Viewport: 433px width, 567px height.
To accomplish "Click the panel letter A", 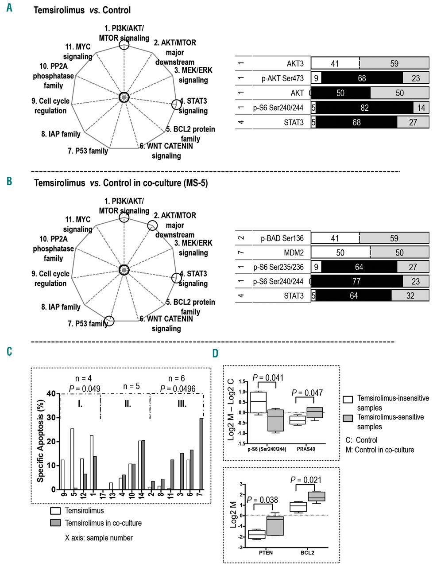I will [x=9, y=8].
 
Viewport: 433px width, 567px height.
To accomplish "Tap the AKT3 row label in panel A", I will [x=295, y=64].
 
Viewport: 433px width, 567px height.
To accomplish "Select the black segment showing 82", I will [x=364, y=108].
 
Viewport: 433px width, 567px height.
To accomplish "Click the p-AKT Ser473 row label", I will [x=282, y=78].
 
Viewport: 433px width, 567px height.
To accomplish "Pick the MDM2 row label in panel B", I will [x=294, y=253].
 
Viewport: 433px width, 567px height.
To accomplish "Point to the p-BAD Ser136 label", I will [x=282, y=238].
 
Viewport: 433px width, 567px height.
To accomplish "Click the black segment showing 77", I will [x=356, y=281].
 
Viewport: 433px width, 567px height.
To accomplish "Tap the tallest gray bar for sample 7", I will [x=201, y=454].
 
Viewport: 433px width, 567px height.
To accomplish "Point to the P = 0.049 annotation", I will [x=85, y=389].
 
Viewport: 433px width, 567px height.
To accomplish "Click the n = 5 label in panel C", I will [x=131, y=386].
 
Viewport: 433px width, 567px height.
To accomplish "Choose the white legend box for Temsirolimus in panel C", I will [x=56, y=511].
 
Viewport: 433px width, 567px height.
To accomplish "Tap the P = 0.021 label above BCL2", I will [x=306, y=480].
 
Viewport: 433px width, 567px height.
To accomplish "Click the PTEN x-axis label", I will [x=266, y=552].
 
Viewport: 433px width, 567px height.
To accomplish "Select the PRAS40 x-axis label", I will [x=306, y=449].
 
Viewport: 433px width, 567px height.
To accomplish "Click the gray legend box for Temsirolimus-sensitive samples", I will [x=348, y=419].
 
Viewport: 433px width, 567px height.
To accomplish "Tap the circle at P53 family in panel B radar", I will [x=109, y=321].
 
